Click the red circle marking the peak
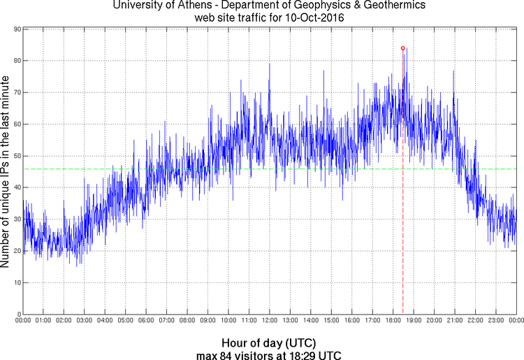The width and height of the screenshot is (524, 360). pos(403,48)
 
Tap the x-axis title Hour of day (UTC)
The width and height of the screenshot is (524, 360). pos(269,343)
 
